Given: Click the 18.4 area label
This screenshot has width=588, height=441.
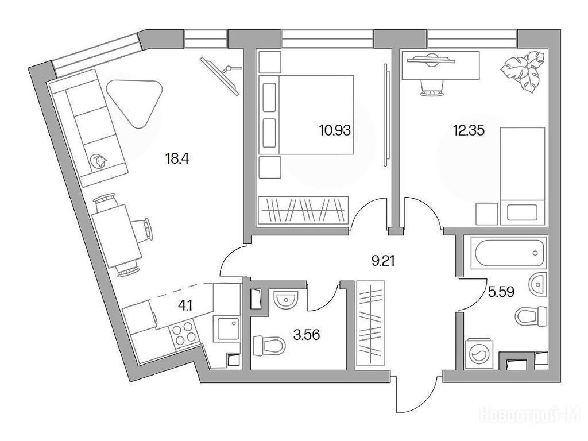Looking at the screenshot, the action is pyautogui.click(x=177, y=158).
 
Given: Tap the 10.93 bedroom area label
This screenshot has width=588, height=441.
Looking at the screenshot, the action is pyautogui.click(x=335, y=130).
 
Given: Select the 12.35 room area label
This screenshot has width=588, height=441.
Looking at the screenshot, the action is pyautogui.click(x=469, y=130).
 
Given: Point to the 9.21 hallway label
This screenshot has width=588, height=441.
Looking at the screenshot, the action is pyautogui.click(x=383, y=260).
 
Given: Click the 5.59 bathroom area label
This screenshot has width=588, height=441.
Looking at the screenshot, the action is pyautogui.click(x=501, y=291).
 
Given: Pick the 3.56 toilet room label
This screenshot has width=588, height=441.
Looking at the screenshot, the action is pyautogui.click(x=307, y=335).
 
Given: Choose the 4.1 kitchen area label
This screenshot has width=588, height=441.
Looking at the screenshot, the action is pyautogui.click(x=185, y=305).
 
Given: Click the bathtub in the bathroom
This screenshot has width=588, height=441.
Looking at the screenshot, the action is pyautogui.click(x=505, y=254).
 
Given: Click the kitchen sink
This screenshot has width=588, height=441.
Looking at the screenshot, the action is pyautogui.click(x=226, y=329).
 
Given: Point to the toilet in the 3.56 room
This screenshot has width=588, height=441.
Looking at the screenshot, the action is pyautogui.click(x=269, y=345).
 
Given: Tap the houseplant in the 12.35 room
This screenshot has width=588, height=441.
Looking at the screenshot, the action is pyautogui.click(x=521, y=74).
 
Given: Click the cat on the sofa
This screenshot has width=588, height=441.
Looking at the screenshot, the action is pyautogui.click(x=99, y=161).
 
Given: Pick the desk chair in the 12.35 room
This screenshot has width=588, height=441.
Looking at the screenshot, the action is pyautogui.click(x=430, y=89).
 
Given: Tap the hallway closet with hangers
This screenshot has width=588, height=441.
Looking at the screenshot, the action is pyautogui.click(x=370, y=324).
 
